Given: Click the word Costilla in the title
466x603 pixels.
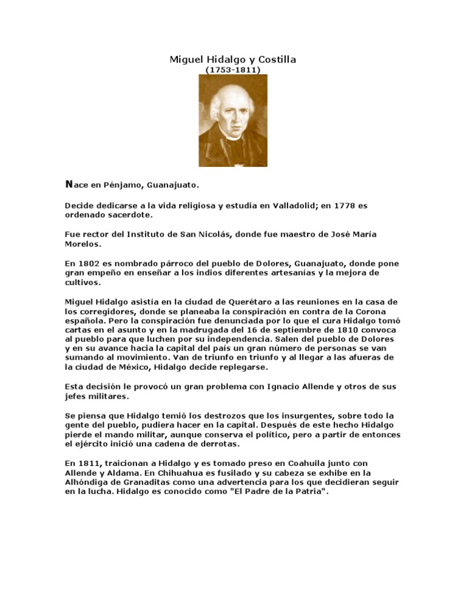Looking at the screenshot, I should click(276, 59).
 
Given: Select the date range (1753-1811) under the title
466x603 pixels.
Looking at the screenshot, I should click(233, 70).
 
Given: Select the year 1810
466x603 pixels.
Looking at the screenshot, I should click(342, 329).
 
